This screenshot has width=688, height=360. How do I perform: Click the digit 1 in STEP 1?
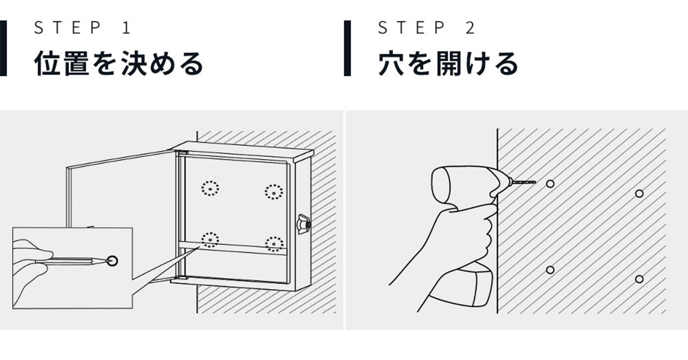(127, 27)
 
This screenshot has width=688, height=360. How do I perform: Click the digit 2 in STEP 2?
(470, 27)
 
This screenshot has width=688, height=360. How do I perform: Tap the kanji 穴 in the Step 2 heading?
(391, 63)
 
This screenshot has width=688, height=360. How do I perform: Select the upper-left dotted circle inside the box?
(210, 188)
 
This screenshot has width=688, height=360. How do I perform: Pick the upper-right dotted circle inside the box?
(274, 192)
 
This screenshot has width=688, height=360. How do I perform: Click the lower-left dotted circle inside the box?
(210, 240)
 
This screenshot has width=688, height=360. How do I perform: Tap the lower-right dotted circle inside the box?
(274, 244)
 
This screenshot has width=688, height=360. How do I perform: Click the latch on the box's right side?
(304, 225)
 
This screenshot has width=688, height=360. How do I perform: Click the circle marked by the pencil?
(113, 261)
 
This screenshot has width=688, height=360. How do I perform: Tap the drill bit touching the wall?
(524, 182)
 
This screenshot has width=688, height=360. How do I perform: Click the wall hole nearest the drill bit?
(550, 184)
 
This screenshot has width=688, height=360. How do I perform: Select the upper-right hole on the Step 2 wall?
(639, 193)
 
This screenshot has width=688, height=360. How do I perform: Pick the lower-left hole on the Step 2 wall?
(550, 270)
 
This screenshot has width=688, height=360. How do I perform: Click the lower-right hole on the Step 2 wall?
(639, 279)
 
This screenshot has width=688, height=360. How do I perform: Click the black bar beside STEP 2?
(347, 48)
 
